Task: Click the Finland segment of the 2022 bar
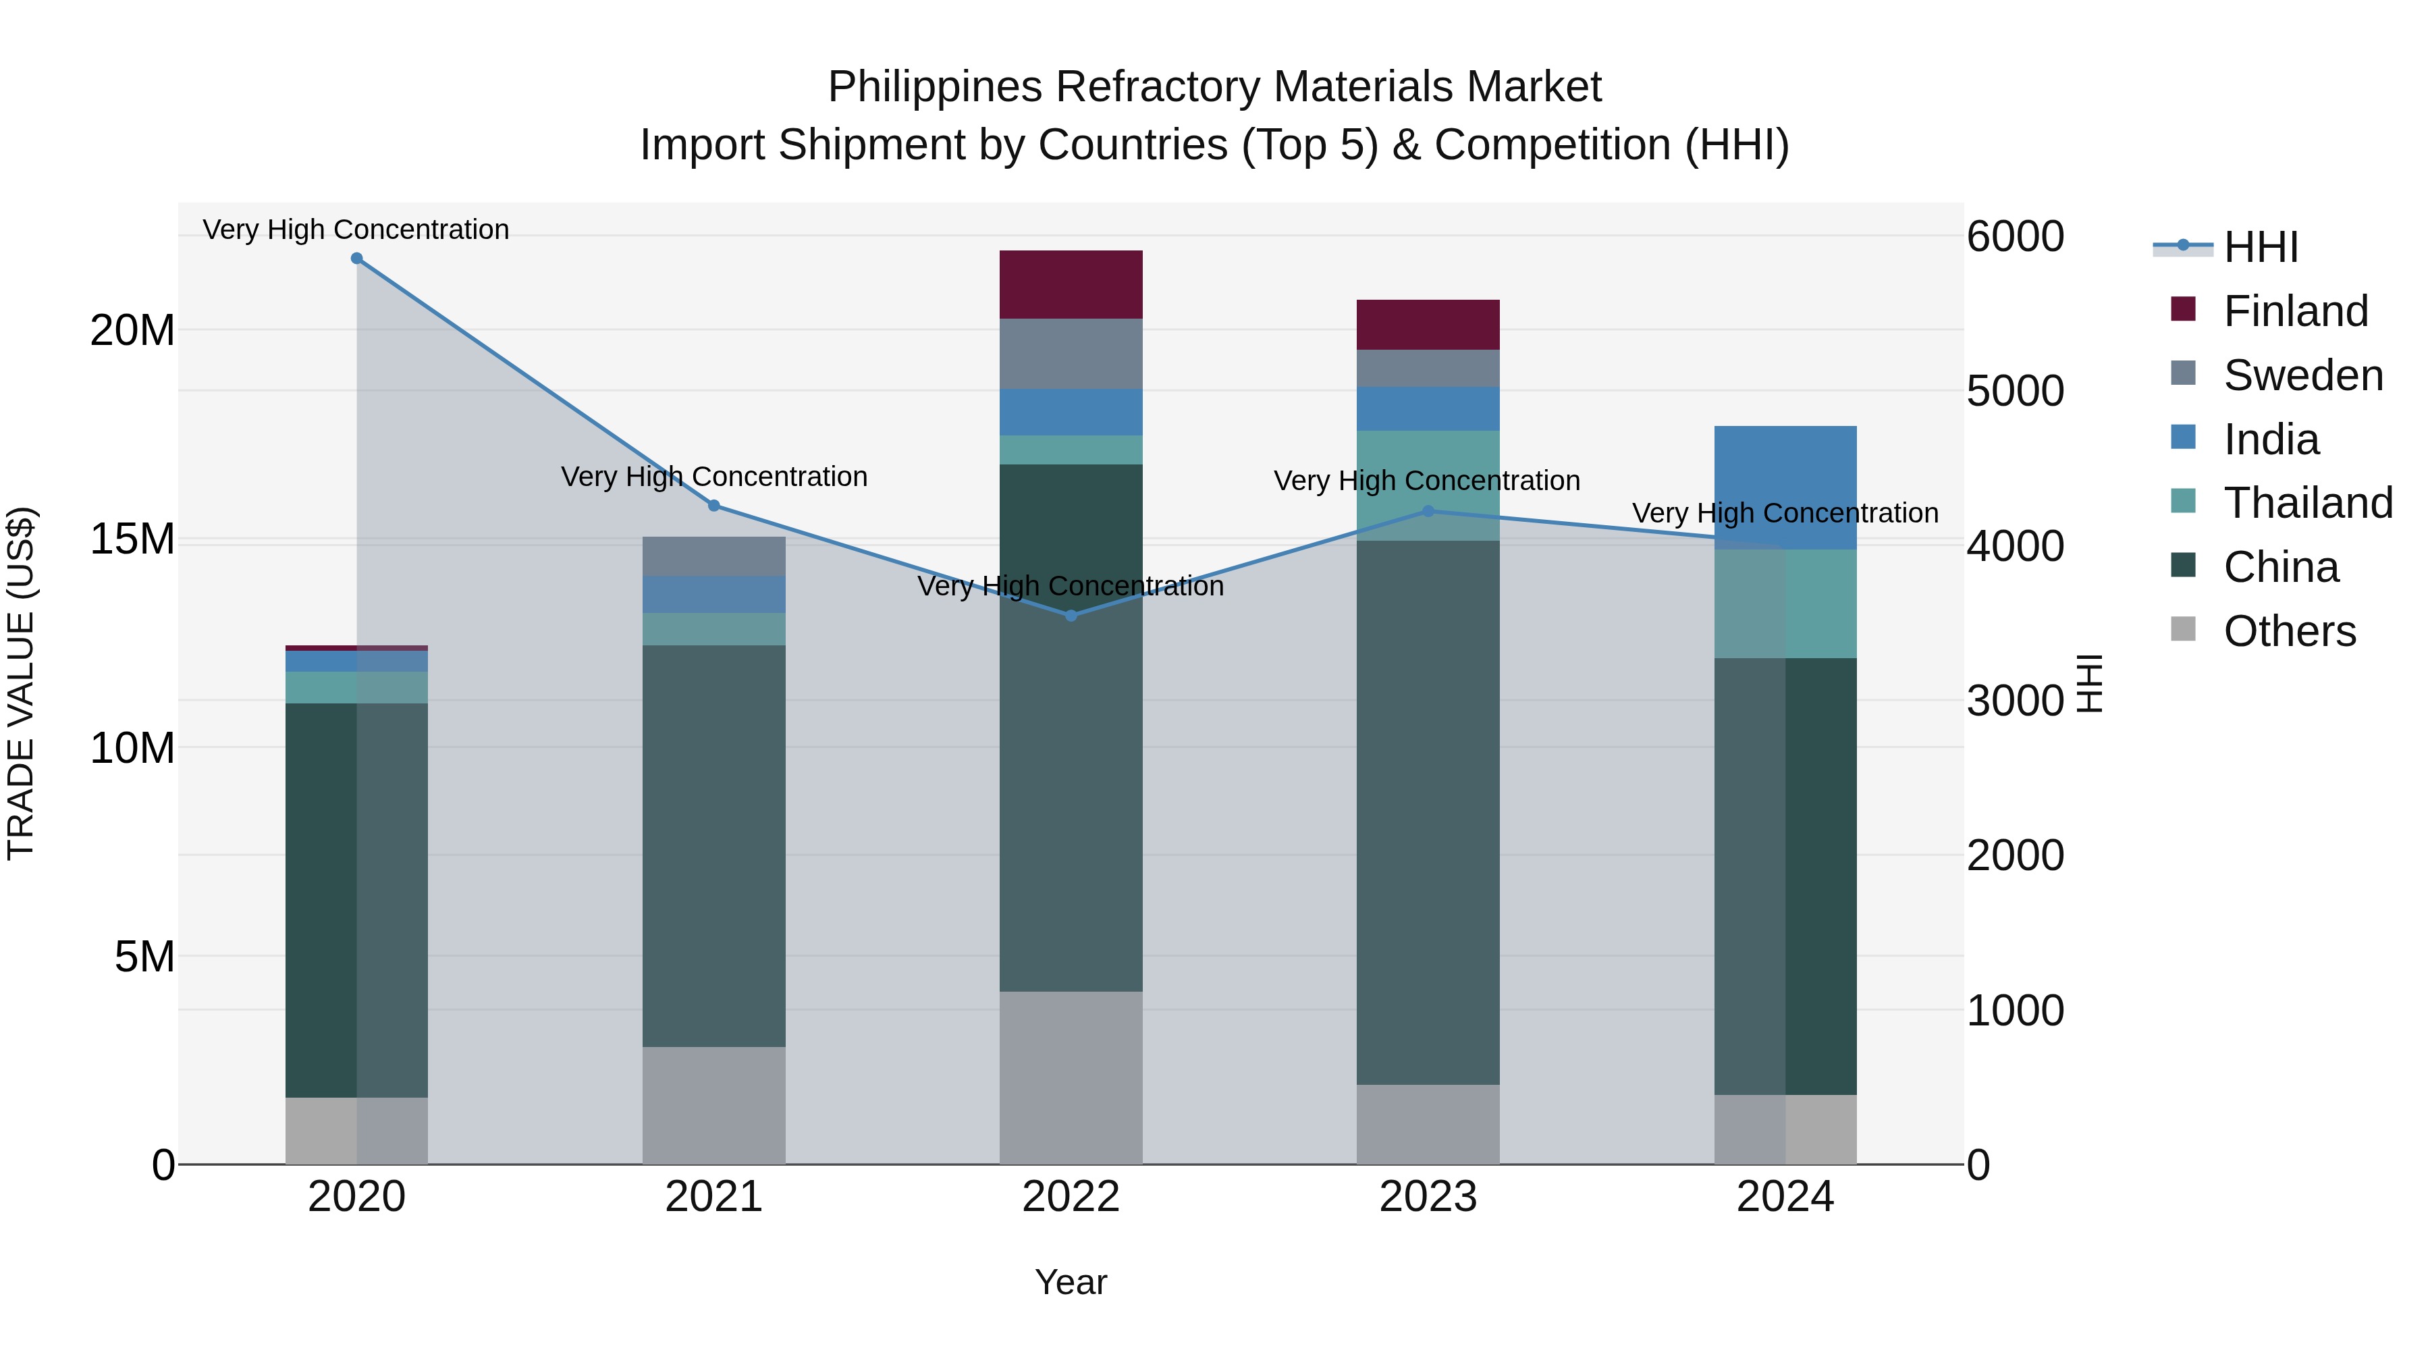(x=1071, y=284)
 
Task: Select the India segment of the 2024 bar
(x=1785, y=487)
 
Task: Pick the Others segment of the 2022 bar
(x=1071, y=1077)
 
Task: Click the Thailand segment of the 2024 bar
(x=1785, y=603)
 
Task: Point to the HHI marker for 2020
(x=356, y=259)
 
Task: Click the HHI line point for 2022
(x=1071, y=615)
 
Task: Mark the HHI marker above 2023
(x=1427, y=511)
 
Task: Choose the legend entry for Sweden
(x=2302, y=375)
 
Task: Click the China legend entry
(x=2280, y=567)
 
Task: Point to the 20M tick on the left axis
(x=132, y=330)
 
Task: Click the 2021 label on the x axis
(x=713, y=1197)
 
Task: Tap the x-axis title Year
(x=1071, y=1282)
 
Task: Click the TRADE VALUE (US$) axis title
(x=21, y=683)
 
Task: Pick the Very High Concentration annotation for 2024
(x=1785, y=513)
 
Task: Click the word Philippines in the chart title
(x=934, y=87)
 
